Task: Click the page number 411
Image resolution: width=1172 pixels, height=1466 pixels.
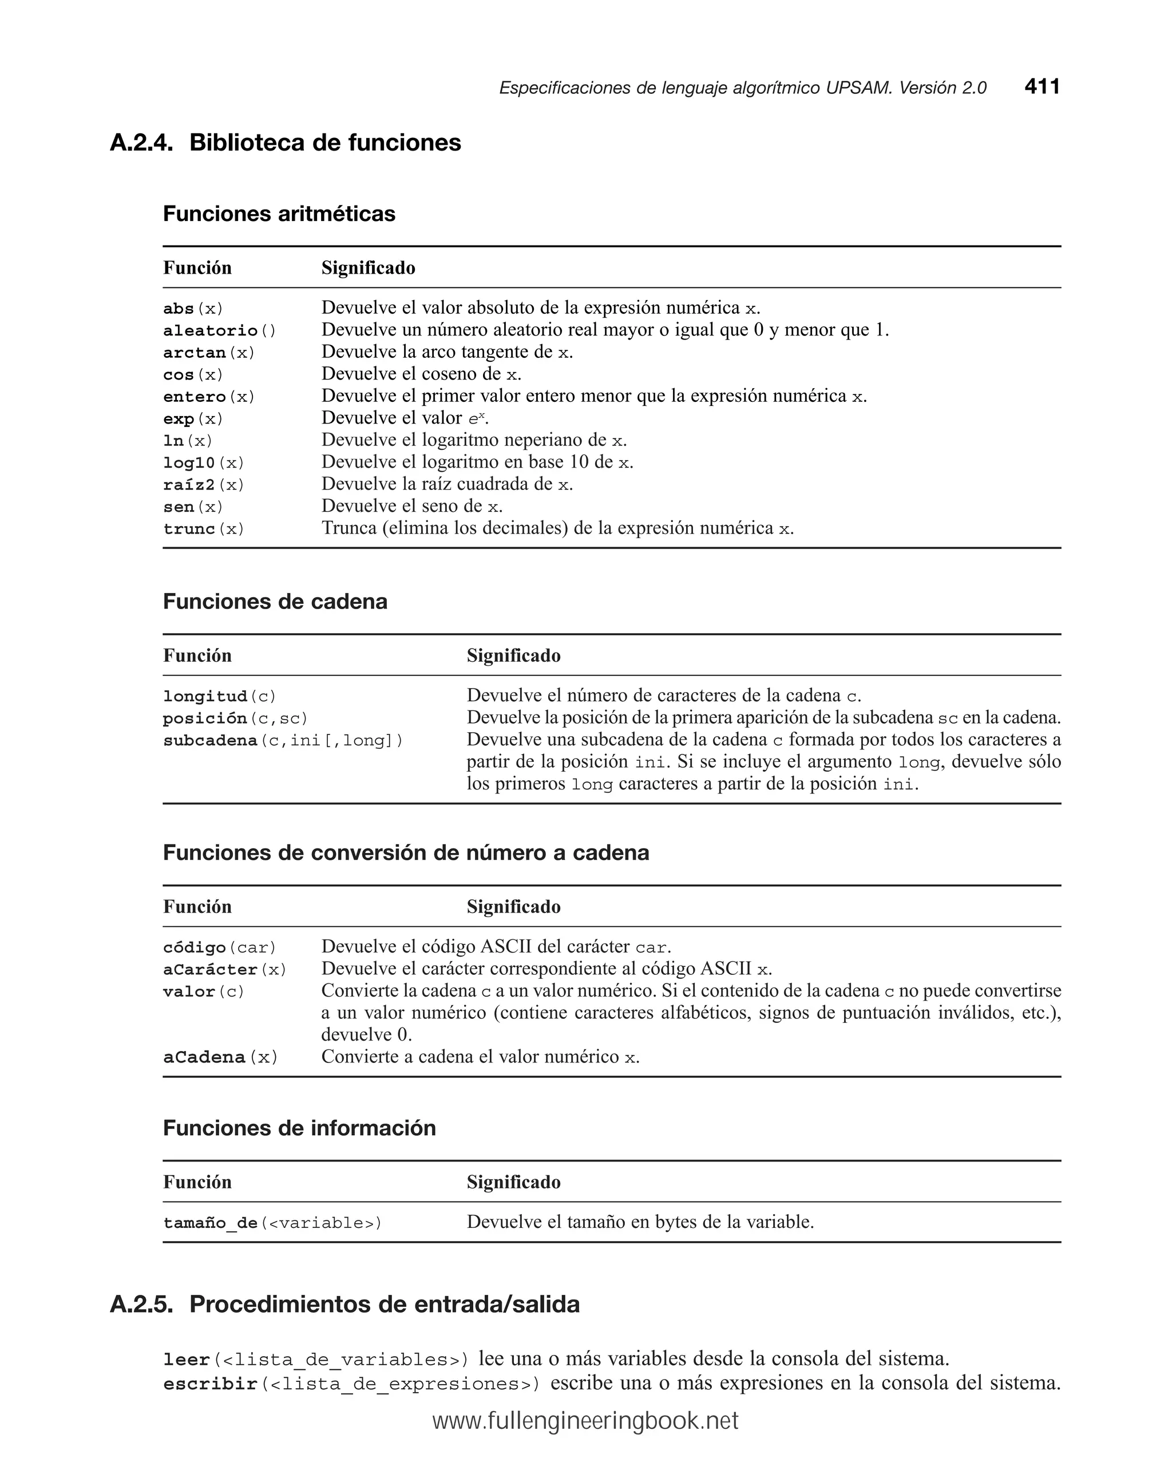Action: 1042,87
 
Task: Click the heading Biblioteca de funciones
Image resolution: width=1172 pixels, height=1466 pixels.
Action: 325,143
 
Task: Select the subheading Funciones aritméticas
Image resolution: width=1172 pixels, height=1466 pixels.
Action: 279,214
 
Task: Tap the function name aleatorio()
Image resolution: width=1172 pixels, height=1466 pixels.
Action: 220,331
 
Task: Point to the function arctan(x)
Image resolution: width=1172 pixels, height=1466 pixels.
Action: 209,353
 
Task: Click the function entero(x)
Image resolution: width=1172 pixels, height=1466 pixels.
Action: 209,397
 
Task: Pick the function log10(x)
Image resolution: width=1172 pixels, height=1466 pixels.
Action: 203,463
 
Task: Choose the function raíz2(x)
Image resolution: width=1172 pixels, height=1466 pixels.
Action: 203,485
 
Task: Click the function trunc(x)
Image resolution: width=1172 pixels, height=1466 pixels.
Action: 203,529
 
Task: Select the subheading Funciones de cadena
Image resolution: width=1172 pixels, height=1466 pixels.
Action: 275,602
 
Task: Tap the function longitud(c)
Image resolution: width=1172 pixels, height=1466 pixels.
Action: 220,696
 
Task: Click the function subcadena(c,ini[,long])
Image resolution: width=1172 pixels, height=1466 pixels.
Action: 283,741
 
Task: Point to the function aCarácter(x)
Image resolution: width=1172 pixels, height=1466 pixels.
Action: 224,970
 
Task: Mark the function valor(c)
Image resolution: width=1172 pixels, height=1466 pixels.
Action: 203,992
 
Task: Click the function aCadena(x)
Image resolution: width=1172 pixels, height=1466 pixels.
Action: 220,1057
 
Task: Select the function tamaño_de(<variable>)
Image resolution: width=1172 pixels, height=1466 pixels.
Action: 272,1223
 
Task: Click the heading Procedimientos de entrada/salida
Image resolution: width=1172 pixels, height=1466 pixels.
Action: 384,1305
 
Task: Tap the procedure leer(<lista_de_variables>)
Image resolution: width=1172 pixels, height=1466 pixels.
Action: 316,1360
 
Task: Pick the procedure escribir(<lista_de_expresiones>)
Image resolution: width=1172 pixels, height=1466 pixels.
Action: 351,1384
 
